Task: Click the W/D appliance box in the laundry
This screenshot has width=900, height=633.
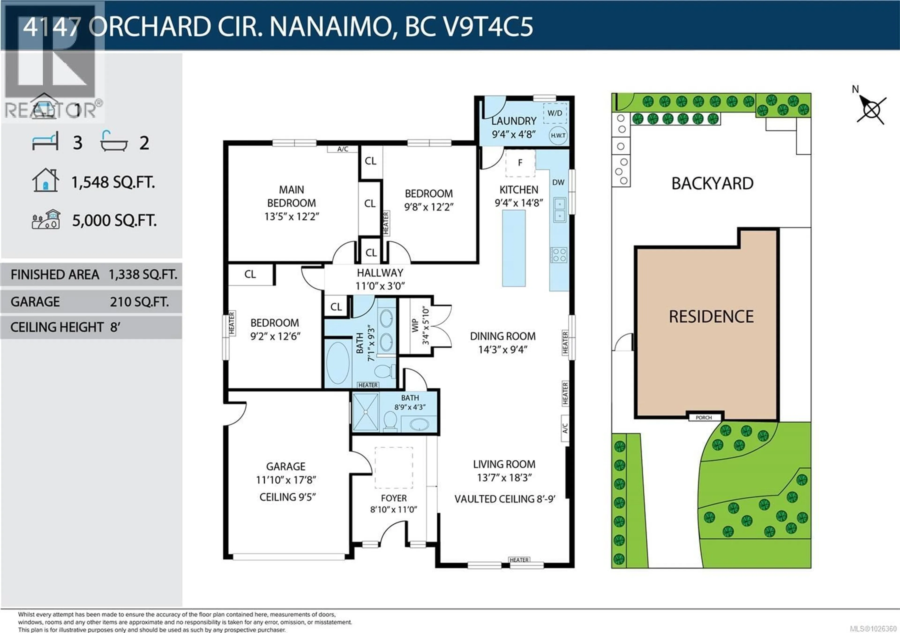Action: click(555, 113)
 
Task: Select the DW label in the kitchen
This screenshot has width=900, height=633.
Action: click(558, 183)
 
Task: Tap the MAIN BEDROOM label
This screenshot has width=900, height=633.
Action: click(291, 196)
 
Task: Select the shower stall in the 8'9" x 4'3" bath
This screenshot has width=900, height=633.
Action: click(366, 412)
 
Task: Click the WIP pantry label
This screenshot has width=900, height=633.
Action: click(415, 326)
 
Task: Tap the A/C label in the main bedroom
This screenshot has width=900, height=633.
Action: click(343, 149)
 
